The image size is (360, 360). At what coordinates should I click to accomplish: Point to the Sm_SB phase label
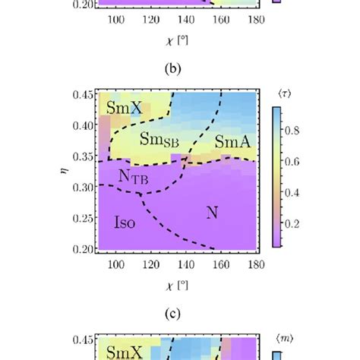click(x=160, y=140)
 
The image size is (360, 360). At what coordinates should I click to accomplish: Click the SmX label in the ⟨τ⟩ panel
click(x=124, y=108)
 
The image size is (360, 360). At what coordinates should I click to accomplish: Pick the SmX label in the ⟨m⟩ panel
click(x=124, y=352)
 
